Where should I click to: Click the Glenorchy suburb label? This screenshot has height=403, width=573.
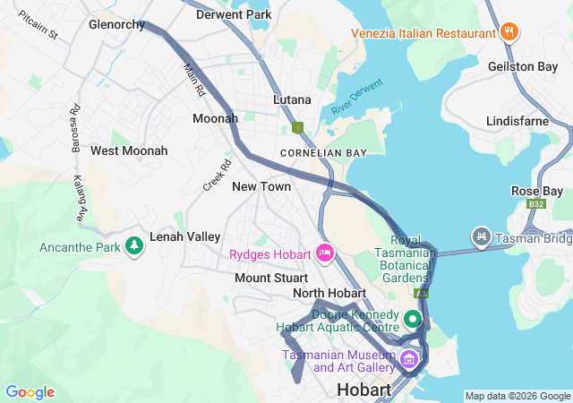(x=116, y=25)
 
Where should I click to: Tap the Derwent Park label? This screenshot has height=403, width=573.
(x=233, y=15)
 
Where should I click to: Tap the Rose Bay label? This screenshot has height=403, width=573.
(x=537, y=191)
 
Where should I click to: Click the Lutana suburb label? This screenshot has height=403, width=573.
(x=292, y=99)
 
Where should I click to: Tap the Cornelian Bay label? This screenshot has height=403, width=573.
(x=323, y=153)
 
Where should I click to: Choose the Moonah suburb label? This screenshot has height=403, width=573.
(x=216, y=118)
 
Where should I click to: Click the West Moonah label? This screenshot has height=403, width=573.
(x=129, y=150)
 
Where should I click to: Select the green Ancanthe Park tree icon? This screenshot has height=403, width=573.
(x=134, y=244)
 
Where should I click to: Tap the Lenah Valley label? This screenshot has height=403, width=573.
(x=185, y=236)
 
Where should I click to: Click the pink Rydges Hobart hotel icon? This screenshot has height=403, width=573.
(x=324, y=253)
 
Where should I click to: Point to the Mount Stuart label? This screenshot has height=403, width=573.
(x=271, y=278)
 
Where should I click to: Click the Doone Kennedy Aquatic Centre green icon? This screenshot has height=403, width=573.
(x=412, y=319)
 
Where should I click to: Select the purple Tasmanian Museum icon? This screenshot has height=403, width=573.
(x=409, y=360)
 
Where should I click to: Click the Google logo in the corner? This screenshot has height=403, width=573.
(x=30, y=392)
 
